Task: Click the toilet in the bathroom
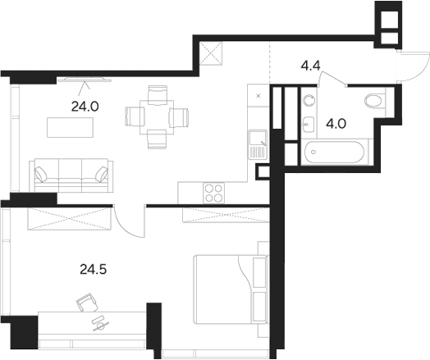tap(373, 101)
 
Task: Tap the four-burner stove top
tap(214, 193)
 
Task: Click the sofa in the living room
tap(70, 173)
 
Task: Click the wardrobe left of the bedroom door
tap(70, 219)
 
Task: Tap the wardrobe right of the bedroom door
tap(221, 216)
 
